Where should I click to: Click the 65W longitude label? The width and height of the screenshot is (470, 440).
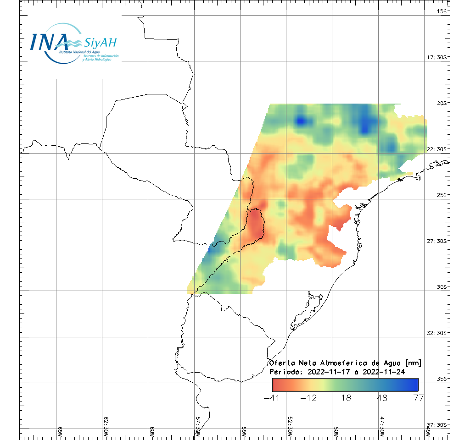point(60,431)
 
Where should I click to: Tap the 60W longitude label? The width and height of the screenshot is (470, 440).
point(152,431)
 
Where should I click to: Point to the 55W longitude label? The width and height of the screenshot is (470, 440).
point(244,431)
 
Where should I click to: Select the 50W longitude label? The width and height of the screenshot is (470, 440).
point(336,431)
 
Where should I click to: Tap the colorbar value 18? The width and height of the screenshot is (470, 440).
point(346,398)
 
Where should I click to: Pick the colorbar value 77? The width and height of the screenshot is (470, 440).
point(418,398)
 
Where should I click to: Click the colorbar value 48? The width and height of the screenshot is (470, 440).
point(382,398)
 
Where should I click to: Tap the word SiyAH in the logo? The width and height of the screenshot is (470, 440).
point(100,43)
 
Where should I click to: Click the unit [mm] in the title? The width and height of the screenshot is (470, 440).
point(411,363)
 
